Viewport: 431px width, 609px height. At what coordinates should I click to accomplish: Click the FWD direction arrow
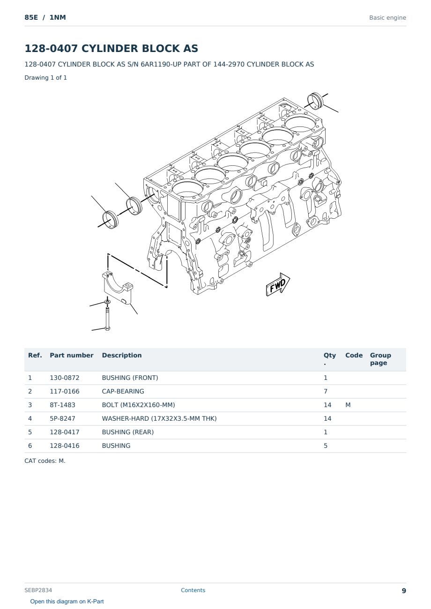tap(278, 285)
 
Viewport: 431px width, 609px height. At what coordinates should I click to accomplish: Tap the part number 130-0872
tap(65, 378)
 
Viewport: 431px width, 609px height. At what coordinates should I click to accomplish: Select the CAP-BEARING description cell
tap(123, 391)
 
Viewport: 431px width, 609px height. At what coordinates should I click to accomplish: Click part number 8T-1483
tap(63, 405)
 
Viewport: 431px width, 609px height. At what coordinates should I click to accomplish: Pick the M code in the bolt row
tap(348, 405)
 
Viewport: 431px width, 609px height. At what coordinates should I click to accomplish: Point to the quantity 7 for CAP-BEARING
tap(326, 391)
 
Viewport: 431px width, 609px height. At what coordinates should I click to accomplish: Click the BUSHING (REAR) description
tap(128, 432)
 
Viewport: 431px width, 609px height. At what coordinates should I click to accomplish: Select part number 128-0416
tap(65, 446)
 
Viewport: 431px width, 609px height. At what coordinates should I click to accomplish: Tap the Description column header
tap(122, 355)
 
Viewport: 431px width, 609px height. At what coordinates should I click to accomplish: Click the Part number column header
tap(72, 355)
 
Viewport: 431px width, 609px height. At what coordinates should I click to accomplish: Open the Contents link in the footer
tap(193, 590)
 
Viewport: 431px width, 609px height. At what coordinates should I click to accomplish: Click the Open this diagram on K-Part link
tap(67, 601)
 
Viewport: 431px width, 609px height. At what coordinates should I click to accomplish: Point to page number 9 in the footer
tap(404, 591)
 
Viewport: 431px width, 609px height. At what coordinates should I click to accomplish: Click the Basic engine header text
tap(387, 18)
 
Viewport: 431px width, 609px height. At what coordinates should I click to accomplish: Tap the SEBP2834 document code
tap(38, 590)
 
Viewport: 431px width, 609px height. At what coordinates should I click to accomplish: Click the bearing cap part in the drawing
tap(117, 288)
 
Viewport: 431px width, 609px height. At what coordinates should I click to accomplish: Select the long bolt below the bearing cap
tap(107, 319)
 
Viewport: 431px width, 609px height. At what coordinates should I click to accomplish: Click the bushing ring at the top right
tap(315, 101)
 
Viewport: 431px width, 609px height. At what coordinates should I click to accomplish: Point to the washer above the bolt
tap(107, 302)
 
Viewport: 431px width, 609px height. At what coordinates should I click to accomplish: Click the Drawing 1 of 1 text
tap(46, 77)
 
